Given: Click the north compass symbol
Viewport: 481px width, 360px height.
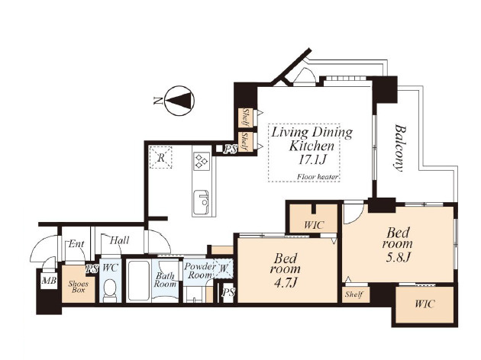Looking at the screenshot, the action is (x=179, y=101).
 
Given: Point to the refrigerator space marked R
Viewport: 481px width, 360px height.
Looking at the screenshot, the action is (x=160, y=157).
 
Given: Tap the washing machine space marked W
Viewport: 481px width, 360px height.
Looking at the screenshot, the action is (x=223, y=268).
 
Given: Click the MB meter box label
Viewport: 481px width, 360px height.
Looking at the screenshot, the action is (x=49, y=281).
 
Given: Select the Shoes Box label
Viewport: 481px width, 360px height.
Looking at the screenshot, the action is (x=78, y=287).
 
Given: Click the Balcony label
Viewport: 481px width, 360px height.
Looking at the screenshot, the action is (x=400, y=148).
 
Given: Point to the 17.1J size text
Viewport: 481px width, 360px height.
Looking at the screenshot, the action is (x=312, y=159).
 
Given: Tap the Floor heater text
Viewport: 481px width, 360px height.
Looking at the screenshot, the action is (x=317, y=177).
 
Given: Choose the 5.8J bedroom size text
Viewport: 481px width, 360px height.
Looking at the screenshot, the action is (x=398, y=257).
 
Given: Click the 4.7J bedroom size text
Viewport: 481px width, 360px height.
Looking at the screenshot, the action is (x=286, y=282).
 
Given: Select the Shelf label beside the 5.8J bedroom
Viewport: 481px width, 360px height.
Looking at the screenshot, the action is (x=354, y=294).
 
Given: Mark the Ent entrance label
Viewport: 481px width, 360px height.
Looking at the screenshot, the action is (x=76, y=244).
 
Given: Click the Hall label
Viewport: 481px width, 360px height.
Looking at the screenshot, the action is (x=119, y=240).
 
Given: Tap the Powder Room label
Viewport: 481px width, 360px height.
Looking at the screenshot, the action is (x=200, y=270).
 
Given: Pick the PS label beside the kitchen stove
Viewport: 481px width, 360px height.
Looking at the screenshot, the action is (x=231, y=149).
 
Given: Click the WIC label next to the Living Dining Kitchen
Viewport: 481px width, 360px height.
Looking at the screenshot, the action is (x=314, y=225).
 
